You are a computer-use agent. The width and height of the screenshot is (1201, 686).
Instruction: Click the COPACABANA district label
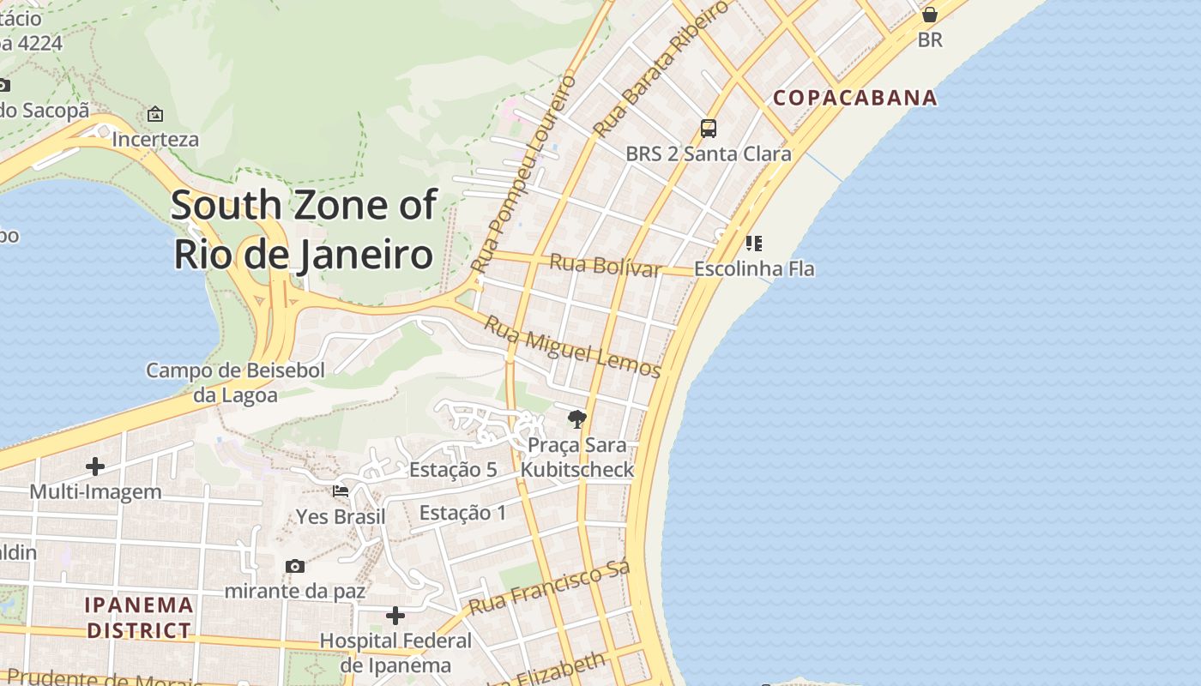click(x=855, y=97)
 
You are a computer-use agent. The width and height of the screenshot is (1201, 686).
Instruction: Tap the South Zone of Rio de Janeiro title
click(x=304, y=230)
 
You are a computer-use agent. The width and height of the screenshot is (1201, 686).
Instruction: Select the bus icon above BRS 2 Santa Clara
click(x=708, y=129)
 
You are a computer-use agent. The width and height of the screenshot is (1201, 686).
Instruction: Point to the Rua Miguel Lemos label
click(x=572, y=347)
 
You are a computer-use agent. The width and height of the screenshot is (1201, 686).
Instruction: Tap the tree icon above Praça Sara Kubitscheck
click(x=577, y=419)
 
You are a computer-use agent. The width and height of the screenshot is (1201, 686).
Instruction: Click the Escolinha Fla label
click(x=754, y=268)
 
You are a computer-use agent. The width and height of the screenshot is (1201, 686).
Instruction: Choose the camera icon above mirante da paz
click(x=295, y=566)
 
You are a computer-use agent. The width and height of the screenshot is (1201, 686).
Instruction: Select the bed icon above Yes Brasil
click(x=341, y=491)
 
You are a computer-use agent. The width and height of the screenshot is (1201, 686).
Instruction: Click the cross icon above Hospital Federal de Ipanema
click(x=395, y=615)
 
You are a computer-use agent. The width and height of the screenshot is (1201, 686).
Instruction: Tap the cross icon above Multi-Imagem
click(x=95, y=466)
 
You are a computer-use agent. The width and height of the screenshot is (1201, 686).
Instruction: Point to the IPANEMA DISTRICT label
click(x=138, y=617)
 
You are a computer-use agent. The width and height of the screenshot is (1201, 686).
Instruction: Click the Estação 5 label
click(x=453, y=469)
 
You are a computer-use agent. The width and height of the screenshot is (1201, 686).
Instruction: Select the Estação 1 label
click(x=462, y=513)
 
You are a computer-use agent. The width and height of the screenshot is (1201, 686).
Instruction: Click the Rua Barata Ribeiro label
click(x=661, y=68)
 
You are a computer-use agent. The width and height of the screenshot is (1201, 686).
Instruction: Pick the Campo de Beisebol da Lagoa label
click(x=235, y=382)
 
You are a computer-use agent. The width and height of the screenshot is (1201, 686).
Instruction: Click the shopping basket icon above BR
click(x=929, y=15)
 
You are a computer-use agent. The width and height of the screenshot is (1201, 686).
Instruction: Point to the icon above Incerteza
click(x=155, y=114)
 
